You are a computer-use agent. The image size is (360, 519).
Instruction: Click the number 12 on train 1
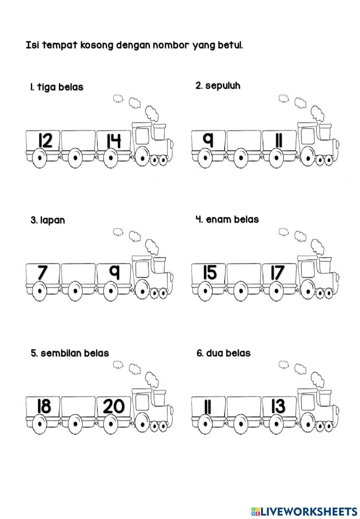pyautogui.click(x=45, y=141)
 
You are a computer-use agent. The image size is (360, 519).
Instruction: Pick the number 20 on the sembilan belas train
pyautogui.click(x=114, y=406)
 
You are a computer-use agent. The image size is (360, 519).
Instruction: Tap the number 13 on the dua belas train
pyautogui.click(x=278, y=406)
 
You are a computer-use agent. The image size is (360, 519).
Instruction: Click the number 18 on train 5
pyautogui.click(x=44, y=406)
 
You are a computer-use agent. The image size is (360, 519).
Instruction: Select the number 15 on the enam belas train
pyautogui.click(x=210, y=273)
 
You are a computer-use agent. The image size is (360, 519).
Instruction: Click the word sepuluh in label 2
pyautogui.click(x=222, y=86)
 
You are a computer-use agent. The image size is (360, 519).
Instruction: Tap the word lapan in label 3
pyautogui.click(x=53, y=220)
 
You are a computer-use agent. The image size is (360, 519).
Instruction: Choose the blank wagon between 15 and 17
pyautogui.click(x=244, y=273)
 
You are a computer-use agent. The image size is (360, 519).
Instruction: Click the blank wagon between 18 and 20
pyautogui.click(x=78, y=406)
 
